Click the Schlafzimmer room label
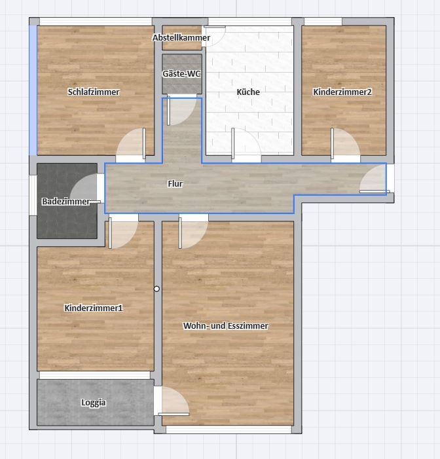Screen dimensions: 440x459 pos(94,92)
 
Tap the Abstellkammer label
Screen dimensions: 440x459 pos(181,38)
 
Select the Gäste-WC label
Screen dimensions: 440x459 pos(181,73)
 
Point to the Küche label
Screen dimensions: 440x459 pos(248,92)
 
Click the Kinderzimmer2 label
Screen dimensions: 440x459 pos(342,92)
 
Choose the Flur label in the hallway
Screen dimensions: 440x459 pos(175,184)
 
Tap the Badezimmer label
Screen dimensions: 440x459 pos(66,202)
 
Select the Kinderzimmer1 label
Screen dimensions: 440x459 pos(94,308)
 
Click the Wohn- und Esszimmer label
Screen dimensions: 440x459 pos(226,326)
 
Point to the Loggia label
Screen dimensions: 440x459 pos(94,403)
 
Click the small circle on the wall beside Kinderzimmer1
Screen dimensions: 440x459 pos(156,289)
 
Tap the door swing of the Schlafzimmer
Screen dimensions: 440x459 pos(131,144)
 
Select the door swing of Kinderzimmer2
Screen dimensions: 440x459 pos(346,144)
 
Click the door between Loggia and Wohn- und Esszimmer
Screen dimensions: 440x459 pos(174,401)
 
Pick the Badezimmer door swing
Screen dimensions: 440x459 pos(85,188)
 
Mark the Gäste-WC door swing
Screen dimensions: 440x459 pos(181,111)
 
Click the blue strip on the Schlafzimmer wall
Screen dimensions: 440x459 pos(33,90)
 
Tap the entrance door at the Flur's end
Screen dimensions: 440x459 pos(373,179)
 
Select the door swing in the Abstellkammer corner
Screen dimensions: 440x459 pos(213,36)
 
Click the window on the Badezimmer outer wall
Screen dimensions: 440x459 pos(33,195)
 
